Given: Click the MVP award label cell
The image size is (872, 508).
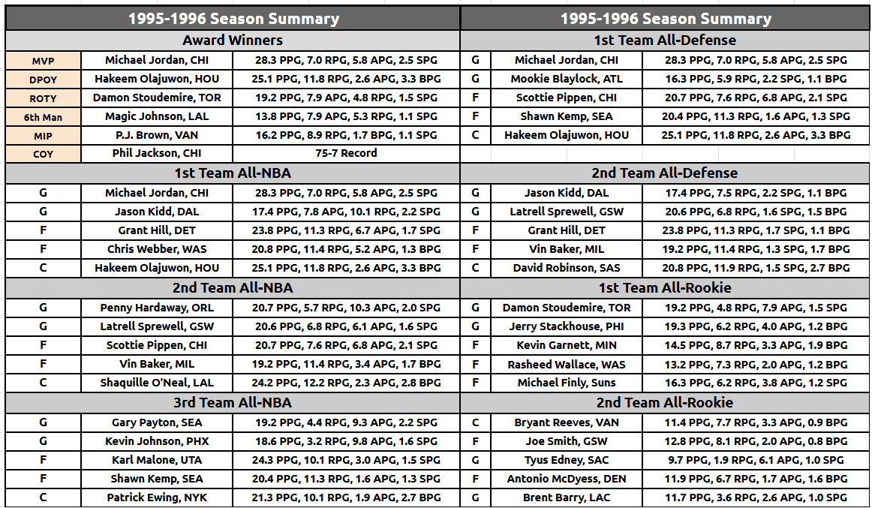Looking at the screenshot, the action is point(44,61).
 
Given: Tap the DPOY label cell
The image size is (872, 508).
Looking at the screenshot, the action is point(44,80).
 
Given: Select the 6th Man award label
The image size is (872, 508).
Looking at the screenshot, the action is point(44,117).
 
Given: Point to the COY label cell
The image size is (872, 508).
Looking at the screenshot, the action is point(44,154).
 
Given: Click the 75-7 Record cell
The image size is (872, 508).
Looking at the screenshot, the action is point(346,153).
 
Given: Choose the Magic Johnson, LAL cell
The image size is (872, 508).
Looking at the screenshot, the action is point(157,117).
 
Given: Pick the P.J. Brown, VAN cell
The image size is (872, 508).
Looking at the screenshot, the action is point(157,135).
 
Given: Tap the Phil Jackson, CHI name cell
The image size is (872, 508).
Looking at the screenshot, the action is point(157,153).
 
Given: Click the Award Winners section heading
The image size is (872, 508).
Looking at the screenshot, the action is point(233,40).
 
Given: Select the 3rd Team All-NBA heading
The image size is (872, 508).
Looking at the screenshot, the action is point(233,402).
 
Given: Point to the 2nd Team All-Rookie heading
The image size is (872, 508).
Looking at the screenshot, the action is point(665,402).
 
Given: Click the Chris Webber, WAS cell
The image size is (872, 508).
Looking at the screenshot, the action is point(157,249).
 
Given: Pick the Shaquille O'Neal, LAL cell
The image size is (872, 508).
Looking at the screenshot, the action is point(157,383).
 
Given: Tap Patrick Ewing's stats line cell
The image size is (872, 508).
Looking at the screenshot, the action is point(346,497).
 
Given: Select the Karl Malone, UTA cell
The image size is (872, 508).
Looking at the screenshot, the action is point(157,460).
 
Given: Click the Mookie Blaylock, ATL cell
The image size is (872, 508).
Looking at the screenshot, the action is point(567,79).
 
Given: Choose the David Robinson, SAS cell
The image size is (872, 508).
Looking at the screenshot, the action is point(567,268).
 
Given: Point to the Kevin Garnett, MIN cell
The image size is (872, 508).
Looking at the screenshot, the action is point(567,345).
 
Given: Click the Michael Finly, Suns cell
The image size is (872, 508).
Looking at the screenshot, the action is point(567,383).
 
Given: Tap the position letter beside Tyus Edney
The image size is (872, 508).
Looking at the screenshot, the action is point(476,460).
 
